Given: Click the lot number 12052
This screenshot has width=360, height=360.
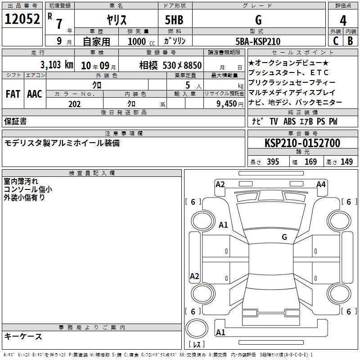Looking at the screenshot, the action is (22, 19).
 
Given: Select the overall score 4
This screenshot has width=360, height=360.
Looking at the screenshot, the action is (343, 20).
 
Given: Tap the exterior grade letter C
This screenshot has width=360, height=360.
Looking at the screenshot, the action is (336, 41).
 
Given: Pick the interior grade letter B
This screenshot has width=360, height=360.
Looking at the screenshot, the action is (350, 41).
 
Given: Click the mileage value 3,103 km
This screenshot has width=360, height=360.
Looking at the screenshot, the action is (57, 65).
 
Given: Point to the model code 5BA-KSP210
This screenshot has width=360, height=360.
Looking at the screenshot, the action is (258, 41).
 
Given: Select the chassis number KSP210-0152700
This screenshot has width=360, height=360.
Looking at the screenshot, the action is (302, 143).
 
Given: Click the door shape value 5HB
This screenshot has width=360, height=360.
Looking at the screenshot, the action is (174, 20).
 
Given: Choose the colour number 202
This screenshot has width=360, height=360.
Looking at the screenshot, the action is (74, 104).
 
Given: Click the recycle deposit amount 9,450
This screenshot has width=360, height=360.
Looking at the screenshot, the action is (226, 104).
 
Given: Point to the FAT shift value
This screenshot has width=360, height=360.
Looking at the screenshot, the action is (13, 94).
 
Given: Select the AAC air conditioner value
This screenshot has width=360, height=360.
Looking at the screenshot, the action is (35, 94).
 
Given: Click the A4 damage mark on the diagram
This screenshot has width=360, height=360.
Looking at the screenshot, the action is (321, 184).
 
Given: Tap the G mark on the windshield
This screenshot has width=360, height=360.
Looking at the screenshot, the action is (284, 237).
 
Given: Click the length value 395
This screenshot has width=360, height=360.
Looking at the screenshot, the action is (273, 162).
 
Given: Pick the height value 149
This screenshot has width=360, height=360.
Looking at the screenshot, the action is (346, 162).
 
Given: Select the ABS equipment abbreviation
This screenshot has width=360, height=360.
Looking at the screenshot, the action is (289, 121).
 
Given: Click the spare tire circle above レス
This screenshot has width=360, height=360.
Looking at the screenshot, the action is (197, 328).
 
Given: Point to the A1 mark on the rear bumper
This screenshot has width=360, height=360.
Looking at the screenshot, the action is (220, 332).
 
